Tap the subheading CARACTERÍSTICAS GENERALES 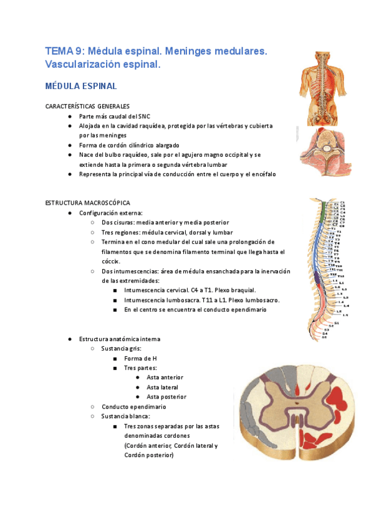87,106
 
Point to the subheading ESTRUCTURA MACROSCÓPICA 88,203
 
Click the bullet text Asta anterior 165,377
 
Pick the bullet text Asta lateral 162,387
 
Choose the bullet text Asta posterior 166,397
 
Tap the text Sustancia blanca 125,416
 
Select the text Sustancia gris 122,349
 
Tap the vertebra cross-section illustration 322,153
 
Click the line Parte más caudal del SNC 114,116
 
